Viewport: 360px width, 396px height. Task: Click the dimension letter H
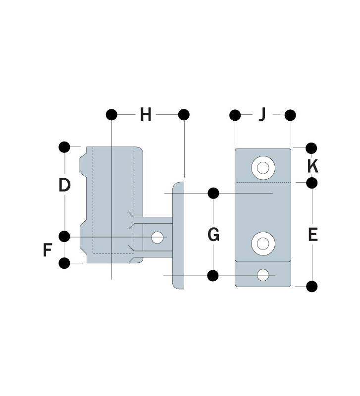click(x=146, y=115)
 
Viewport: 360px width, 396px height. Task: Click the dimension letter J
click(x=263, y=114)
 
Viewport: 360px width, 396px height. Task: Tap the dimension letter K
click(x=313, y=166)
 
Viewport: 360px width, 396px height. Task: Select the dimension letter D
click(x=64, y=185)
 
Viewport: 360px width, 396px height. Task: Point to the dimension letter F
click(x=48, y=250)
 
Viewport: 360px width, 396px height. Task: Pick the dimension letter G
click(x=213, y=234)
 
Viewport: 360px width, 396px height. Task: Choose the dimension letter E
click(x=313, y=235)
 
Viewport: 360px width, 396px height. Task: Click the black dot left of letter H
click(x=111, y=115)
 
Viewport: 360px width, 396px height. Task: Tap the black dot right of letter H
click(x=184, y=115)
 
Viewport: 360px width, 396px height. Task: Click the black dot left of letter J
click(x=235, y=115)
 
